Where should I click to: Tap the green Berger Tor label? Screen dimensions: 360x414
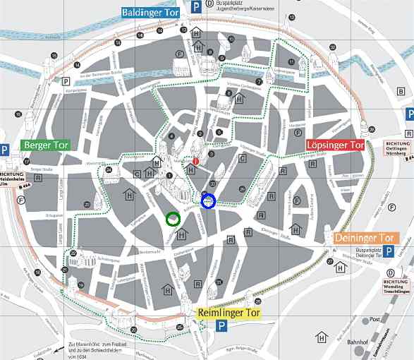[x=46, y=145]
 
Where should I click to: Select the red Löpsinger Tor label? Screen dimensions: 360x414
[x=335, y=145]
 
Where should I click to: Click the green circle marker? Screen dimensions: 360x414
[x=173, y=219]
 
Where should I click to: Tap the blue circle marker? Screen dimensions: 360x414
[x=208, y=202]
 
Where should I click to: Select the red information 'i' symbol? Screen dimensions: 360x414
[x=196, y=162]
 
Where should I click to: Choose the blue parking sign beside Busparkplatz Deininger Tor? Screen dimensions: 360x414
[x=388, y=252]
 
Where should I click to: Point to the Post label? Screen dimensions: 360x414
[x=375, y=319]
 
